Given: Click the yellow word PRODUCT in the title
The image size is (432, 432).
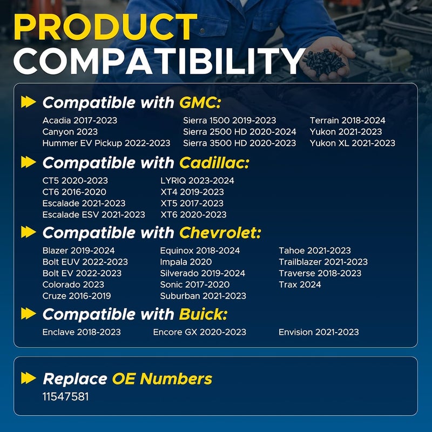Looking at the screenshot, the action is (105, 26).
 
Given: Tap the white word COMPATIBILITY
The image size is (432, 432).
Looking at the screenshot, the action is (159, 61).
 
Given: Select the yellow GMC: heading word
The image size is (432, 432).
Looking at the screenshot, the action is (200, 103).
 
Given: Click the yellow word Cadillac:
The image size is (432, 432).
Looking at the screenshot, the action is (214, 163).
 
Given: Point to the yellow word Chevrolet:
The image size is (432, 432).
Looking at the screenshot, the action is (220, 233).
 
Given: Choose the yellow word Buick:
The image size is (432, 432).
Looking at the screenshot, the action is (204, 314).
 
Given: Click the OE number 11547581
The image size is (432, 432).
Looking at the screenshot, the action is (65, 397).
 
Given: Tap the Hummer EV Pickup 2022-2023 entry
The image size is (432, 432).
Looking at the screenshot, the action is (106, 143).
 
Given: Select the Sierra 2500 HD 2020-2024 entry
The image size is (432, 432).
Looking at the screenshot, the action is (239, 132).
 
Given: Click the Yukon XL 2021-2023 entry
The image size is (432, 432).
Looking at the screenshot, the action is (353, 143).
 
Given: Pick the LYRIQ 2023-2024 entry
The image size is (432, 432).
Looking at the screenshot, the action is (197, 180).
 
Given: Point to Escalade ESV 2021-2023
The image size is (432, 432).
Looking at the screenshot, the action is (93, 214).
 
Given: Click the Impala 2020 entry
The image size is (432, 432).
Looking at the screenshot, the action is (186, 262).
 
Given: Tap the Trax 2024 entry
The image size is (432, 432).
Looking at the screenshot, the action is (300, 285).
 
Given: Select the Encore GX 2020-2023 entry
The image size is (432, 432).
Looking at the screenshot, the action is (199, 332).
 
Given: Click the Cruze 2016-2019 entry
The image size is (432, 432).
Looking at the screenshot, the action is (77, 295).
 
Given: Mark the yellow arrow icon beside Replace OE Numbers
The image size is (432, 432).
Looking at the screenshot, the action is (29, 378).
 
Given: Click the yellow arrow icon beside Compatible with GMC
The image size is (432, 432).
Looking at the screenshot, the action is (29, 102).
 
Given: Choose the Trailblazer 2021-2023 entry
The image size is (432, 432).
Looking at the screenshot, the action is (323, 262).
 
